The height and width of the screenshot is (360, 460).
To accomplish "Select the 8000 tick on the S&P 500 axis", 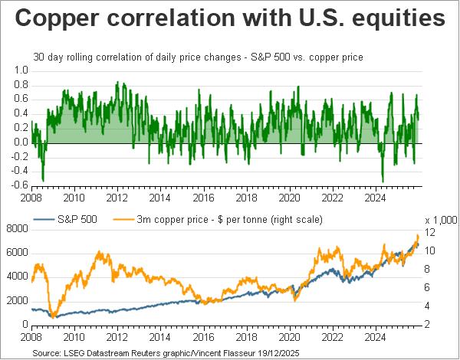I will [x=16, y=227].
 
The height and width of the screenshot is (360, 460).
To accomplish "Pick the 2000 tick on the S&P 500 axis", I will [x=16, y=300].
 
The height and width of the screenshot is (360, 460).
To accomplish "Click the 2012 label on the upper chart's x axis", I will [x=116, y=198].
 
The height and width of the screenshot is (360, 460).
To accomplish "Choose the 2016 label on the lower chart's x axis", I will [x=203, y=336].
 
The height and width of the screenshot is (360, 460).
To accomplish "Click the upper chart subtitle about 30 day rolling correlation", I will [x=198, y=57].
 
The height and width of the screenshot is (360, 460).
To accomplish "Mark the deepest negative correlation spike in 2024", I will [x=382, y=182].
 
